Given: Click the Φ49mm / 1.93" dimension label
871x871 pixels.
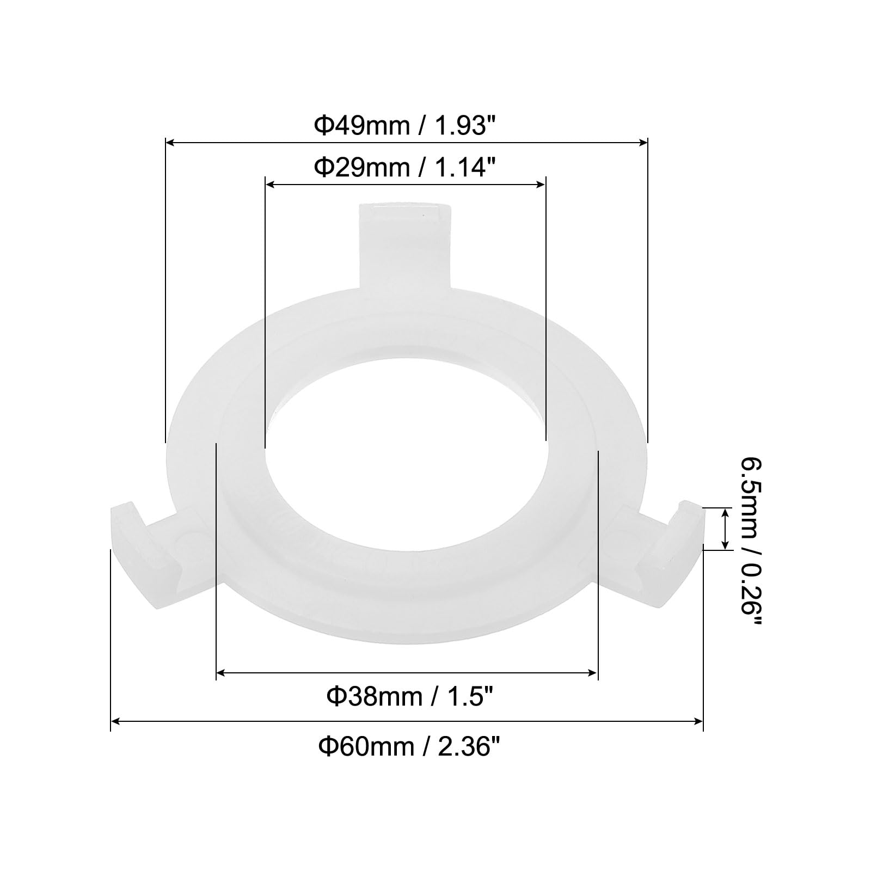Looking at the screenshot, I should click(406, 126).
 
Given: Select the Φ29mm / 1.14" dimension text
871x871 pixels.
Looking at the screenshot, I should click(406, 167).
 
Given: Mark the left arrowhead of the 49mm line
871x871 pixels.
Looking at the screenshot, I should click(169, 143).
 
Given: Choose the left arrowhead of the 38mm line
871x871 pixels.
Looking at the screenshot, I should click(220, 673).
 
